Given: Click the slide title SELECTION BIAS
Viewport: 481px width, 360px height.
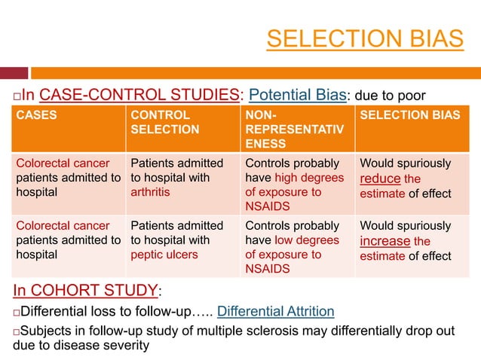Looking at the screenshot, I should click(x=365, y=38).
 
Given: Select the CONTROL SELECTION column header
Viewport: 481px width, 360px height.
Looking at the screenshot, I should click(x=165, y=122).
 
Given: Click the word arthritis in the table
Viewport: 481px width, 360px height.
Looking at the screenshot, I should click(x=149, y=192).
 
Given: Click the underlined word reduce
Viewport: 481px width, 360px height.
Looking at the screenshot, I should click(x=379, y=178).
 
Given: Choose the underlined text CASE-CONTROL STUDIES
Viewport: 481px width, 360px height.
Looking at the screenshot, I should click(x=139, y=95).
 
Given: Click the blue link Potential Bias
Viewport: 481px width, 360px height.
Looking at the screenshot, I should click(x=296, y=95).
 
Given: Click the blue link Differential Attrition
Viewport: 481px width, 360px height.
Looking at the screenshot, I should click(x=276, y=312).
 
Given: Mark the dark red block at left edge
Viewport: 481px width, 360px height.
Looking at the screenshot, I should click(x=14, y=73).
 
